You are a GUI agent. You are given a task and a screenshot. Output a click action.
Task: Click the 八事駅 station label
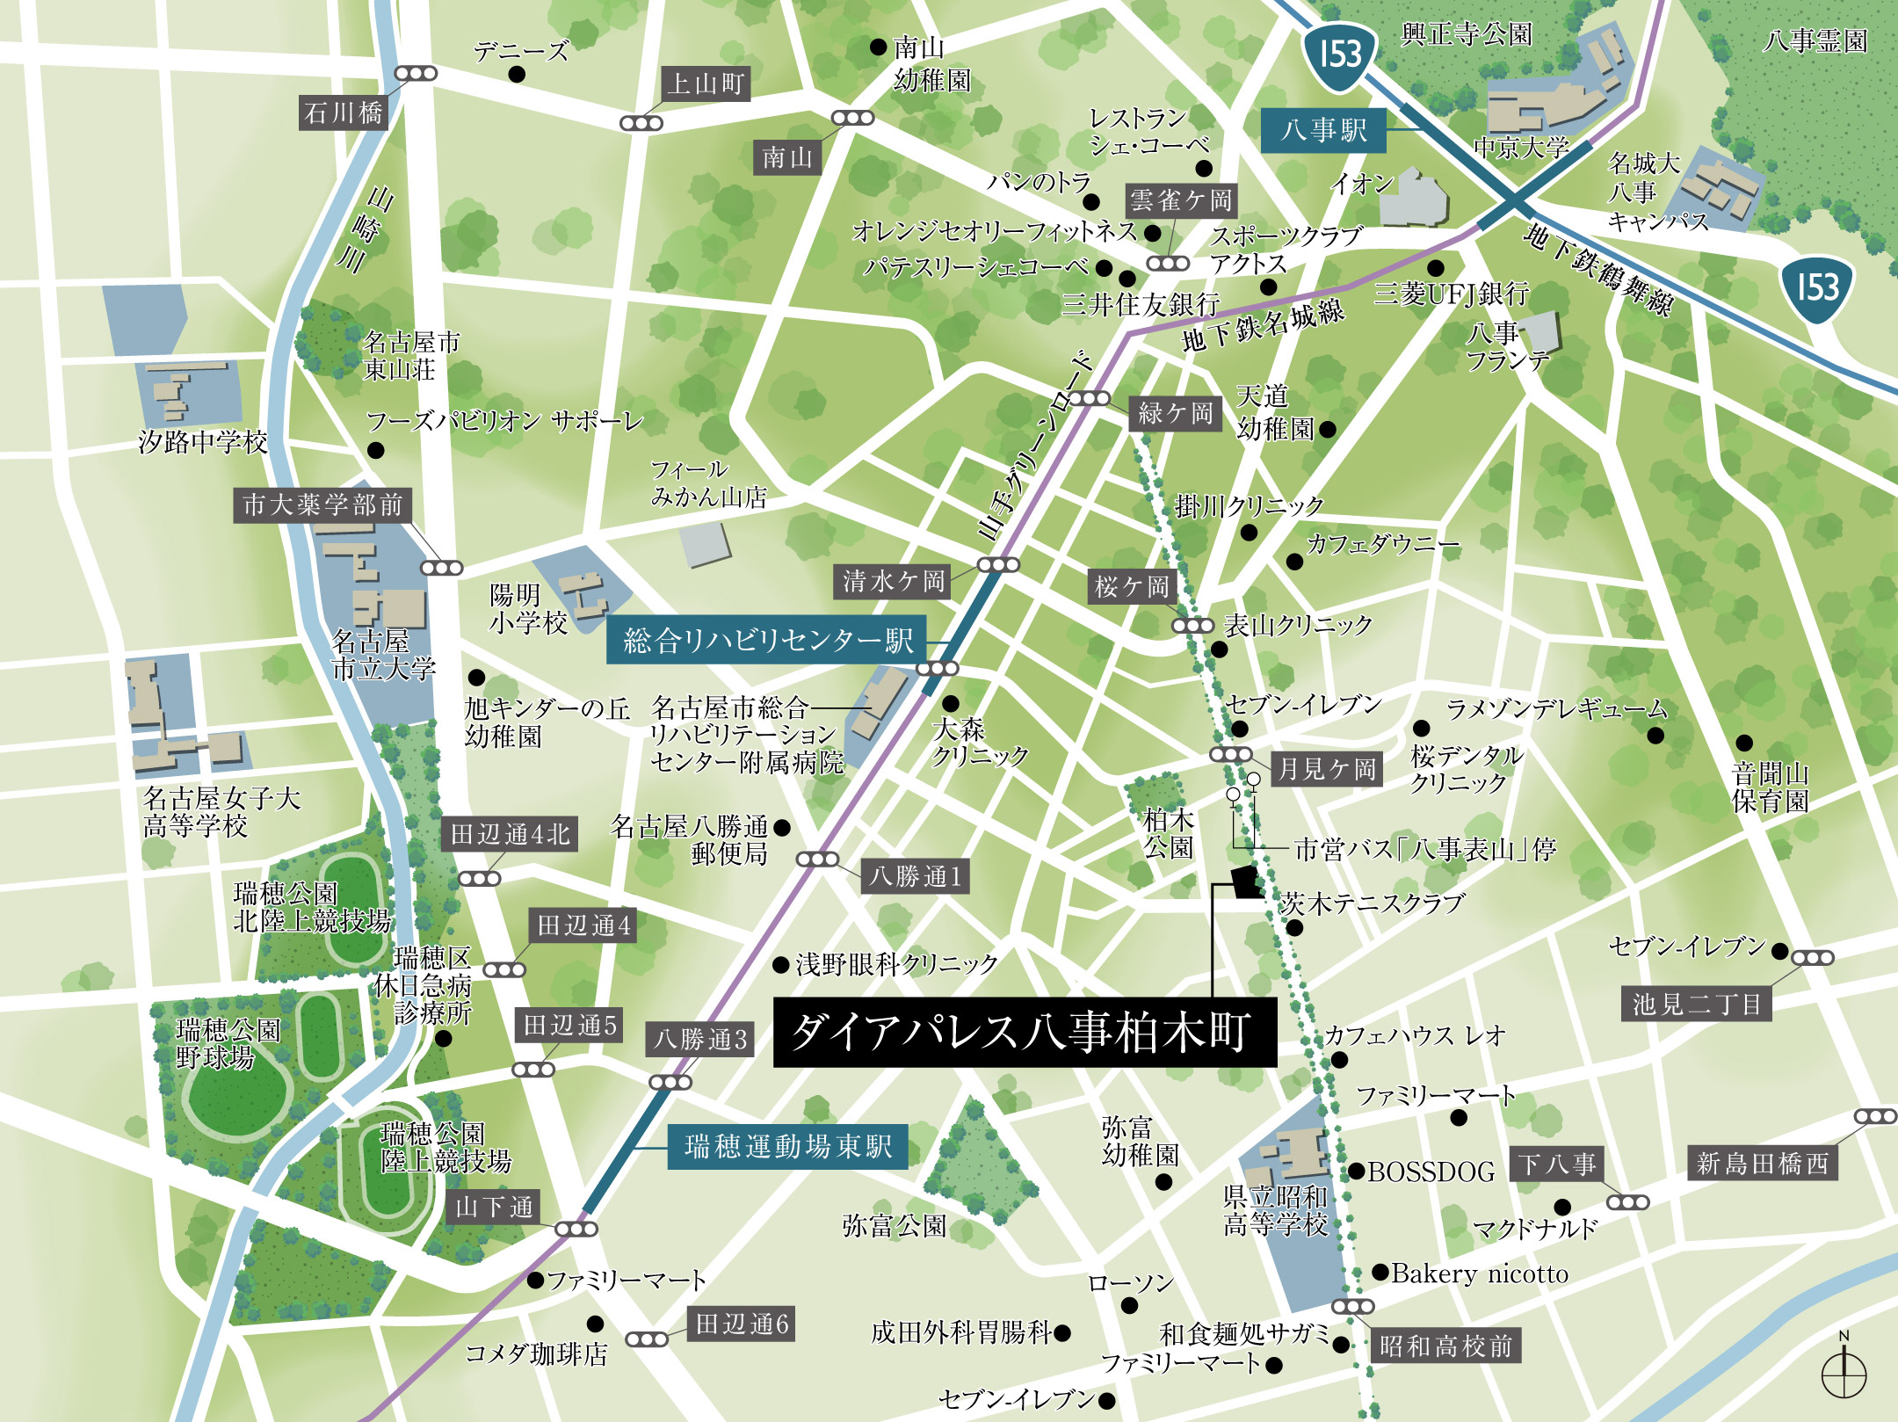1323,131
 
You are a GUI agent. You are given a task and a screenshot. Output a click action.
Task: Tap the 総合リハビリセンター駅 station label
767,641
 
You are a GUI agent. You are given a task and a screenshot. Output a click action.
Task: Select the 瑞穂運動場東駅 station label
787,1147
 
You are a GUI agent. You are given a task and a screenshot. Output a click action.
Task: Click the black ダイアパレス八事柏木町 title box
1024,1032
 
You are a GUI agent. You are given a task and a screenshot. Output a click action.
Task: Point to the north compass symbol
1844,1373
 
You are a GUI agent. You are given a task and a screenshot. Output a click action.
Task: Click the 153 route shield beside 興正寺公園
1339,54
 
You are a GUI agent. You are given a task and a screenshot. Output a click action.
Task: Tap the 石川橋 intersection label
343,112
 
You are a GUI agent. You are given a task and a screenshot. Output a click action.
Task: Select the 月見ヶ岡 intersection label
1326,769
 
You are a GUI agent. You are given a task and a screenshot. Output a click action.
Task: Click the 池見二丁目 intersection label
1696,1004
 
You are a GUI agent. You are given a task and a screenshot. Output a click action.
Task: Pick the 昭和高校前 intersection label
1445,1346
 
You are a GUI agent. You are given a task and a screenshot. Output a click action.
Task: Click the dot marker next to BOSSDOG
1357,1171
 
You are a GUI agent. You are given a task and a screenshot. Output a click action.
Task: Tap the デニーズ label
521,52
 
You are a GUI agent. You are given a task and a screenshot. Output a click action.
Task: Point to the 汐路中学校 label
202,442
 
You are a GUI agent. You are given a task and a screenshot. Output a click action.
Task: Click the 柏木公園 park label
1168,833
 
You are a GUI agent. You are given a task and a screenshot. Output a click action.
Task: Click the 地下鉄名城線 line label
1263,324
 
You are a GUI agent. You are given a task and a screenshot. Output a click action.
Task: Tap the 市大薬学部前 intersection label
322,504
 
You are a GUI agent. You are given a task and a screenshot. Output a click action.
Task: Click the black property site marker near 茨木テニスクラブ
1245,881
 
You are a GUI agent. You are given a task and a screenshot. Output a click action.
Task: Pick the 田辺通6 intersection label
741,1324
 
